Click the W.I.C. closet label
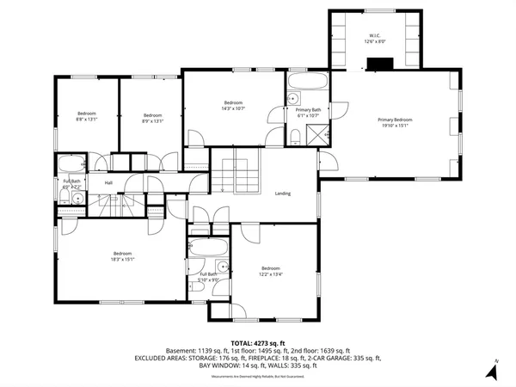pyautogui.click(x=375, y=35)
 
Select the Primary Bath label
pyautogui.click(x=308, y=110)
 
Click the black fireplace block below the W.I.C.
pyautogui.click(x=378, y=63)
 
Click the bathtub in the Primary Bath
pyautogui.click(x=307, y=84)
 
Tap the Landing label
pyautogui.click(x=282, y=193)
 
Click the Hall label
pyautogui.click(x=109, y=182)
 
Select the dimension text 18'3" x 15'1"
pyautogui.click(x=122, y=258)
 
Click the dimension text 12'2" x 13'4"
pyautogui.click(x=271, y=273)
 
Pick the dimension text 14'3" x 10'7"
pyautogui.click(x=234, y=108)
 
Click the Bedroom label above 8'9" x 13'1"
pyautogui.click(x=152, y=115)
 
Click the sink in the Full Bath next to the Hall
pyautogui.click(x=77, y=199)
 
